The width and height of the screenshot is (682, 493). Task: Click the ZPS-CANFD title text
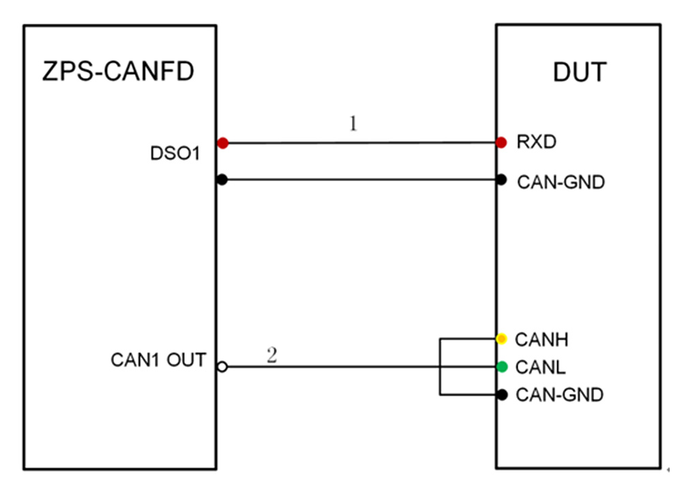[x=118, y=71]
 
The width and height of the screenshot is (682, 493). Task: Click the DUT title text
[x=579, y=71]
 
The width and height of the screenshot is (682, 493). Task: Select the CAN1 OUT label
[x=158, y=360]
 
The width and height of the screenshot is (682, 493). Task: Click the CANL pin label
[x=539, y=367]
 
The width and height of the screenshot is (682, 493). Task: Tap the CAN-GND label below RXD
[x=561, y=182]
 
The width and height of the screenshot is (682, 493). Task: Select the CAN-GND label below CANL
[x=559, y=395]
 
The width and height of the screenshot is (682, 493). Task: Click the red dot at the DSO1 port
[x=222, y=143]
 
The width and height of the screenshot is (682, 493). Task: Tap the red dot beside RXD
[x=502, y=143]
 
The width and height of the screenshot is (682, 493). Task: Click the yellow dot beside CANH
[x=502, y=339]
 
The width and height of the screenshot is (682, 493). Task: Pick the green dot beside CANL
[x=502, y=367]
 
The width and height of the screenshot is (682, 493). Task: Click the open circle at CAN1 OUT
[x=222, y=367]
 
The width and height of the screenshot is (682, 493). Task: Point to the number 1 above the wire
[x=353, y=125]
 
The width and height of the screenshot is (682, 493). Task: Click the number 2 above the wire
[x=271, y=356]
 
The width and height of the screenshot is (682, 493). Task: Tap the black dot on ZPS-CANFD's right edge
[x=222, y=180]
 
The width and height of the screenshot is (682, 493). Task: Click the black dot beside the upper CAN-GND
[x=502, y=180]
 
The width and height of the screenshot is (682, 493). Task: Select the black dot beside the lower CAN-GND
[x=502, y=395]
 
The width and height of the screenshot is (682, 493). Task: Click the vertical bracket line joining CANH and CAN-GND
[x=440, y=367]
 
